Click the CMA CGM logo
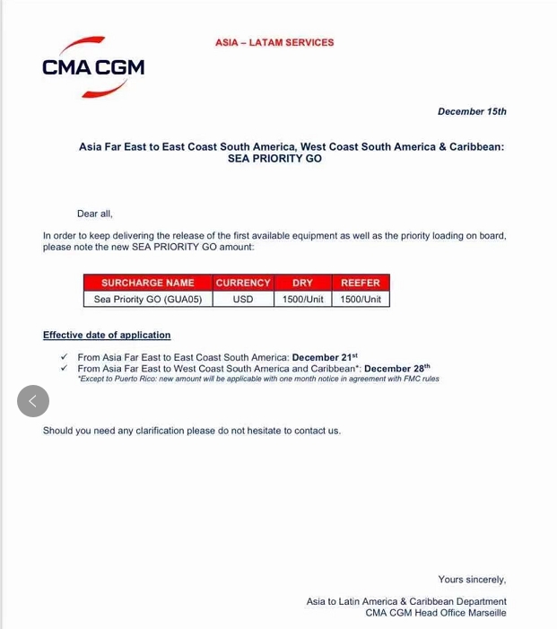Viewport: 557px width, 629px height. click(92, 67)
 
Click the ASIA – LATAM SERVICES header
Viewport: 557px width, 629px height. click(274, 42)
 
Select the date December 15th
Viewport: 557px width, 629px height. click(472, 111)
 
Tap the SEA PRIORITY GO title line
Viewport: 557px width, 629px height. click(274, 159)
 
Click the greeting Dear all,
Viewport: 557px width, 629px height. click(95, 214)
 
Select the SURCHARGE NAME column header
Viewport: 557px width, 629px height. click(148, 283)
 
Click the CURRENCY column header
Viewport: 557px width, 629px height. click(243, 283)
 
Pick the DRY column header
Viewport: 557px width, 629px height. click(303, 283)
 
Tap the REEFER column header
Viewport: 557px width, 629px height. click(361, 283)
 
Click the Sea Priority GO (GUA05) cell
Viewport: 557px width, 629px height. click(148, 299)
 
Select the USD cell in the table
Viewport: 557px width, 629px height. click(243, 299)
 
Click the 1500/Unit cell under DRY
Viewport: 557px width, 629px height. click(303, 299)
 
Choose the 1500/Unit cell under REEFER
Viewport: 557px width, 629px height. click(361, 299)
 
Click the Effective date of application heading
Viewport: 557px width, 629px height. click(107, 336)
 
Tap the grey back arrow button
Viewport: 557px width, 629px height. click(33, 400)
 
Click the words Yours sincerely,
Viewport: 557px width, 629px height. click(472, 580)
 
